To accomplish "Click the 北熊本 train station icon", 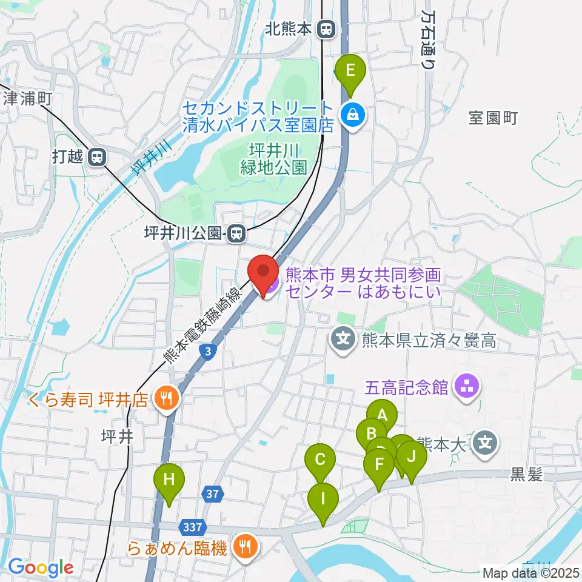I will point(327,28).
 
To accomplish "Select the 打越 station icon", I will point(96,158).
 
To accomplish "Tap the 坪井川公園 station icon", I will point(237,233).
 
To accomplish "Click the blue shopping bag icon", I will point(352,113).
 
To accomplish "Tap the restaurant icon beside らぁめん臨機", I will point(246,549).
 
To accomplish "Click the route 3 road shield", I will point(208,352).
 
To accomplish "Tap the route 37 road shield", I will point(212,495).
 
